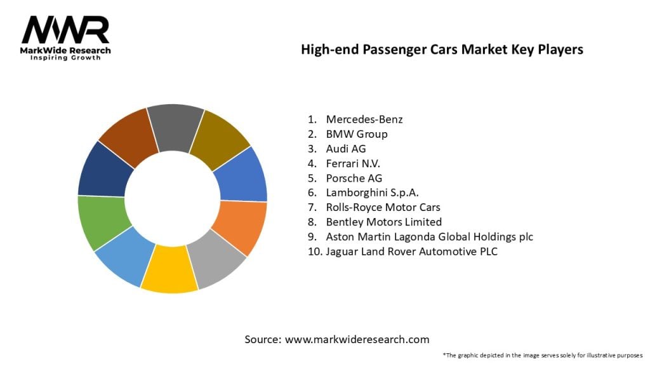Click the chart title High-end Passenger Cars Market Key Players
[442, 50]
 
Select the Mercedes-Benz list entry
[364, 119]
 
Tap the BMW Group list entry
[356, 134]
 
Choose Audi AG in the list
[346, 149]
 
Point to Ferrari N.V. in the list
[353, 163]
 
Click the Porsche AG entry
[354, 178]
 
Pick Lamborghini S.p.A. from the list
[371, 193]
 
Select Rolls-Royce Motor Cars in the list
[383, 207]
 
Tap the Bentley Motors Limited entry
[383, 222]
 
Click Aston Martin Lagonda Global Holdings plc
[429, 236]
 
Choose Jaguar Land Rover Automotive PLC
[411, 251]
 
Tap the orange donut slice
[239, 226]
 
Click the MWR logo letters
[65, 30]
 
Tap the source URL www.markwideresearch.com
[357, 339]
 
